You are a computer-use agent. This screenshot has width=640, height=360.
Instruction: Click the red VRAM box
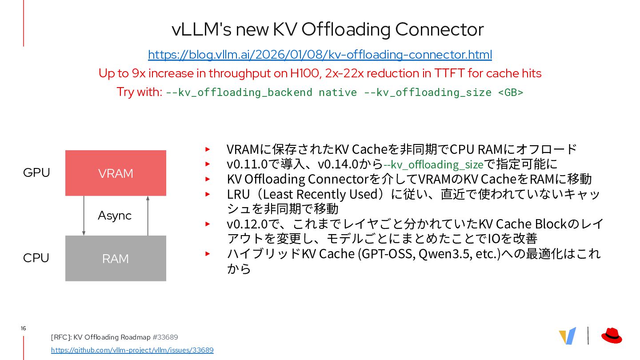(x=116, y=173)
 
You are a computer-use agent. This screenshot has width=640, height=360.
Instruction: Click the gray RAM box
(x=116, y=258)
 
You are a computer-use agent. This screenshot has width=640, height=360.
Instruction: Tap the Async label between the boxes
(x=115, y=216)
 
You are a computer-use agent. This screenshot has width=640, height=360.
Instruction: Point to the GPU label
(x=36, y=172)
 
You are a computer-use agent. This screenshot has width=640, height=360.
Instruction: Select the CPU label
(x=36, y=258)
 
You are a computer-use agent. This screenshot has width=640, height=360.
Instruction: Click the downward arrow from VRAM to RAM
(x=84, y=216)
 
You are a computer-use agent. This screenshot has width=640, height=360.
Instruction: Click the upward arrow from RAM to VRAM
(x=148, y=216)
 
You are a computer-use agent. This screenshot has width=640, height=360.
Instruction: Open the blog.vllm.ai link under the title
(x=320, y=55)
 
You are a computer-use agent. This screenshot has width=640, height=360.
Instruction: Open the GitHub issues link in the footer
(x=132, y=350)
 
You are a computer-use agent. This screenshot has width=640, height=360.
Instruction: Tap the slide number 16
(x=23, y=328)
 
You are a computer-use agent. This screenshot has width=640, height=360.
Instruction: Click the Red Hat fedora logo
(x=612, y=336)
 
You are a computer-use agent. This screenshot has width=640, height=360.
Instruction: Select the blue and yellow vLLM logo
(x=568, y=336)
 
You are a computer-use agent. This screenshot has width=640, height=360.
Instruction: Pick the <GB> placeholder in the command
(x=510, y=92)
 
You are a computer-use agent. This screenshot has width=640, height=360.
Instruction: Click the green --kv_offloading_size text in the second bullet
(x=433, y=164)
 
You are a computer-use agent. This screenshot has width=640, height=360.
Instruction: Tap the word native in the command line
(x=337, y=92)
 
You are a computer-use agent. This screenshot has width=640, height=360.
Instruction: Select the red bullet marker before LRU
(x=207, y=194)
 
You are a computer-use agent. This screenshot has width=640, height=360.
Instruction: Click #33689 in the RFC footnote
(x=165, y=337)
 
